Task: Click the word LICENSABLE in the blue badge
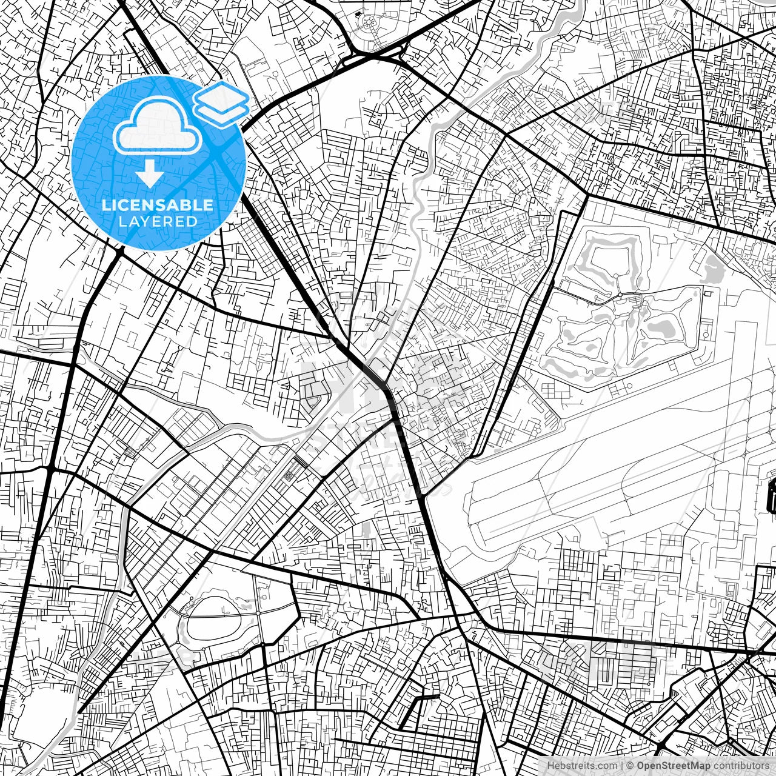tap(158, 205)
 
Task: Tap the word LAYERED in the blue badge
tap(158, 222)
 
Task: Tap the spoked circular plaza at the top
tap(368, 24)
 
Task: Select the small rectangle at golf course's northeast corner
tap(707, 292)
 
